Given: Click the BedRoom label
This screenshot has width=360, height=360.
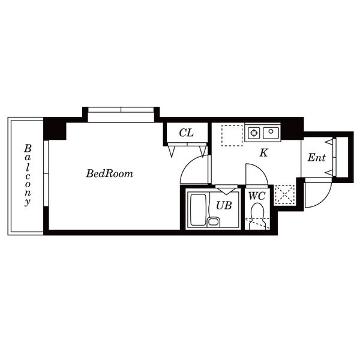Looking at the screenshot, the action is coord(110,173).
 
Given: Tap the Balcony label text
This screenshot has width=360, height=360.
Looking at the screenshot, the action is coord(28,175).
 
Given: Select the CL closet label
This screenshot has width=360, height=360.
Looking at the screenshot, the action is coord(186,133).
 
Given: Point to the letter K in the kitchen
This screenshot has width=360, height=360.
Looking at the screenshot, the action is coord(264,152).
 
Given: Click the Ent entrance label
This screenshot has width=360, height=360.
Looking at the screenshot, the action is coord(317,158).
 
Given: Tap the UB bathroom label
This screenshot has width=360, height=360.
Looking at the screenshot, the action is coord(224,205).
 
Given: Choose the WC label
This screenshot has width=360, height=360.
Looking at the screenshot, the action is coord(257,196).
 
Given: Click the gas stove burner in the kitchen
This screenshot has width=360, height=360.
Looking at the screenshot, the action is coord(254,133).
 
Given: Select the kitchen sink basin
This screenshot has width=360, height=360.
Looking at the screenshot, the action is coord(271,133).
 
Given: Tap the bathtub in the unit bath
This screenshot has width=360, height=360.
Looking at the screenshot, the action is coord(199,210).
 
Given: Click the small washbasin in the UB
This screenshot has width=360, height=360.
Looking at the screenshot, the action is coord(214,222).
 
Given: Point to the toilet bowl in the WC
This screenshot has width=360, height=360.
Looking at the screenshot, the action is coord(257,216).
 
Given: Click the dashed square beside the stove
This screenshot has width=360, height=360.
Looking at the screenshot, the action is coord(232,136).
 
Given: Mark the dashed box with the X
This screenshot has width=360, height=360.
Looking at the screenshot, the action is coord(284,194).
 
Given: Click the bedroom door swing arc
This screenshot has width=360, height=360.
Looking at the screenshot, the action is coord(187,164).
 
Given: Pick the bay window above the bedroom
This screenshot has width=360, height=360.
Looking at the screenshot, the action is coord(121,115).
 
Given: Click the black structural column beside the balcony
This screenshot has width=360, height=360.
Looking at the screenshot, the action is coord(55,129).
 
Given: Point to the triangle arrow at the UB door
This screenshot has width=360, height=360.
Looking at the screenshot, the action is coord(226,191).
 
